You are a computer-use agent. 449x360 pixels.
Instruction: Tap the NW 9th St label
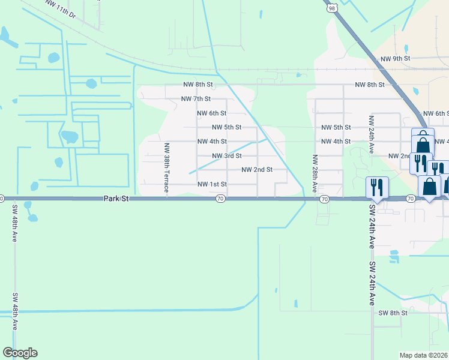click(x=395, y=59)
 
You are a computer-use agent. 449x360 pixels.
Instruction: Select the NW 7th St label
click(x=196, y=98)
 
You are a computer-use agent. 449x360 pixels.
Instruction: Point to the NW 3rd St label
click(x=227, y=156)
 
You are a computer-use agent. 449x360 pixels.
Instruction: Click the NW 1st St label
click(x=212, y=184)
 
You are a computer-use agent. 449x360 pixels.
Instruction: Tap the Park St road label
click(x=116, y=198)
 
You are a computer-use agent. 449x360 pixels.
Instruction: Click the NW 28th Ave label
click(x=314, y=173)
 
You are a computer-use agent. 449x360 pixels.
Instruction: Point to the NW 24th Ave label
click(x=372, y=136)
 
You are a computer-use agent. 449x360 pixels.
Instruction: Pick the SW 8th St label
click(x=393, y=313)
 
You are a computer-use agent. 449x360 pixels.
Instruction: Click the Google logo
click(x=20, y=353)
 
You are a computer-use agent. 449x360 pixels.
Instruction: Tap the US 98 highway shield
click(x=332, y=8)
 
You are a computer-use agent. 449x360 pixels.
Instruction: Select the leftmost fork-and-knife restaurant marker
click(x=376, y=188)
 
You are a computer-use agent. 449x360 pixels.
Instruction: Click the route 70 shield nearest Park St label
click(x=221, y=199)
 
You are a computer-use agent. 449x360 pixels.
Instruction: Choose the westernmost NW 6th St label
click(x=212, y=113)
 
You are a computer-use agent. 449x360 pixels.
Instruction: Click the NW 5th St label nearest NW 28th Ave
click(x=336, y=127)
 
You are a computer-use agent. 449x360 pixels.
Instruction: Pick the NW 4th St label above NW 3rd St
click(x=212, y=142)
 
